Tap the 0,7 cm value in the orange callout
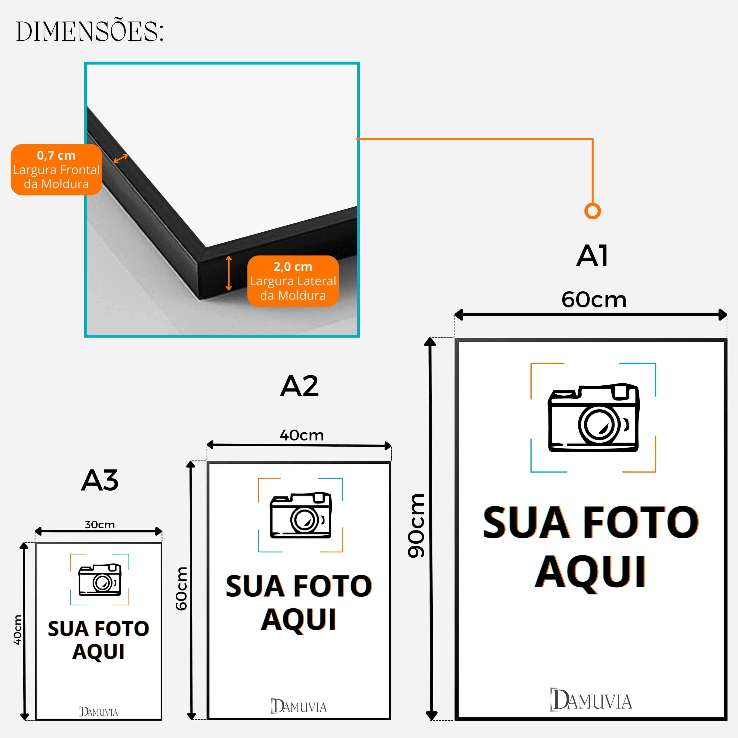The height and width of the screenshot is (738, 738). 56,155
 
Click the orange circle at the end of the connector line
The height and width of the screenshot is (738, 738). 593,211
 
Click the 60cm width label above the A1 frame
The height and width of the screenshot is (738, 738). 594,300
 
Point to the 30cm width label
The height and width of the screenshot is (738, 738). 100,525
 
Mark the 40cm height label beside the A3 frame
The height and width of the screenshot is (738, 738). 17,630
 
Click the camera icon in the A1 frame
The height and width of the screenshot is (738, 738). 593,418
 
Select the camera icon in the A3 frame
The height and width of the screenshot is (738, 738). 100,580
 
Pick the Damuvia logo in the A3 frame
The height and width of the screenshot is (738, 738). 98,712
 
